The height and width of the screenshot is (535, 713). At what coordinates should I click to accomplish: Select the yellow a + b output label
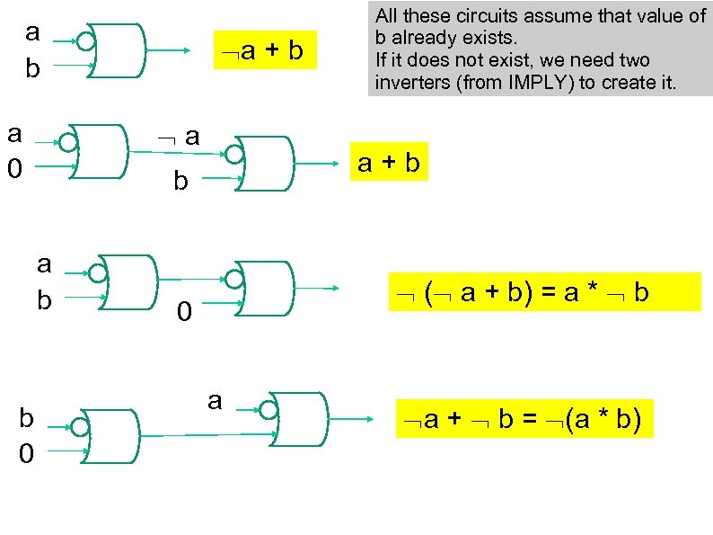click(x=388, y=163)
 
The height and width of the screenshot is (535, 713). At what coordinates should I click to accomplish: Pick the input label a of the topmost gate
click(x=33, y=32)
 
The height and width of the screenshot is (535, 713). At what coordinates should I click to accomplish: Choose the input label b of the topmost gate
click(x=33, y=68)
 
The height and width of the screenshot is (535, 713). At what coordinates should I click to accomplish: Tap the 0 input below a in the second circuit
click(x=14, y=168)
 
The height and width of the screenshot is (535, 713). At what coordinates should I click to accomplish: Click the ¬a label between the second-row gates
click(x=179, y=136)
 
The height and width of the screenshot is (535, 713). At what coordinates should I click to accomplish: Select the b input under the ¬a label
click(x=180, y=182)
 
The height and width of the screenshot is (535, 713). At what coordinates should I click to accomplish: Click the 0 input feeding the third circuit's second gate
click(x=183, y=313)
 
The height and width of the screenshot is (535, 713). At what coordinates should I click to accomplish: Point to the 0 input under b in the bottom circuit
click(x=27, y=455)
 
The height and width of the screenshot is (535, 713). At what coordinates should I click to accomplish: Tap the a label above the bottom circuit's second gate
click(x=214, y=399)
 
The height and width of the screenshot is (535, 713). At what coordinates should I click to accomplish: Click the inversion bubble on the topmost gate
click(x=86, y=41)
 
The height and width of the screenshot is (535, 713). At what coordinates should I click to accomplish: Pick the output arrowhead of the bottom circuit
click(x=369, y=419)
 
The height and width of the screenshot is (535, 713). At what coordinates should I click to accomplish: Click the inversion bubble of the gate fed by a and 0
click(x=66, y=141)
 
